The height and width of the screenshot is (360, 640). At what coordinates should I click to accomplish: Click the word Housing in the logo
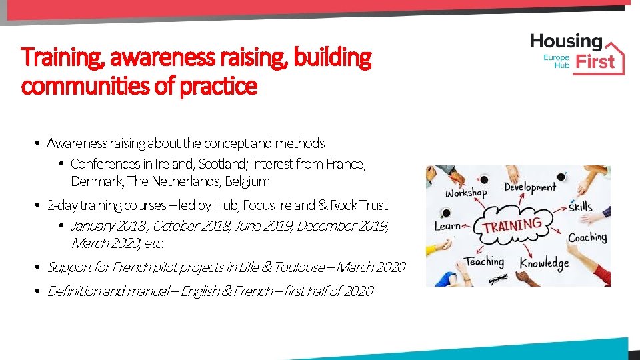tap(566, 42)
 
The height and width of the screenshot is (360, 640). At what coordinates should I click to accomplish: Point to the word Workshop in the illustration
tap(467, 192)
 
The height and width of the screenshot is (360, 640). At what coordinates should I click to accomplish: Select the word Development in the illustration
tap(529, 187)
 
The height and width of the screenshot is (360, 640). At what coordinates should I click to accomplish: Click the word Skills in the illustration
tap(580, 207)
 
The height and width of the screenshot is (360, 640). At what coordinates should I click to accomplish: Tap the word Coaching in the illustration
tap(587, 237)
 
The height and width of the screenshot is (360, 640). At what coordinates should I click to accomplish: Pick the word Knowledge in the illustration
tap(545, 263)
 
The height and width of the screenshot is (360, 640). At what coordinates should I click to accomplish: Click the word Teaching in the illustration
tap(484, 261)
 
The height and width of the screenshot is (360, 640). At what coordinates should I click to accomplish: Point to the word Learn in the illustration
tap(447, 225)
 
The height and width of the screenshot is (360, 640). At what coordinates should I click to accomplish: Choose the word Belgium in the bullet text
tap(247, 181)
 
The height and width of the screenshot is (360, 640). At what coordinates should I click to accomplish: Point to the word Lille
tap(261, 267)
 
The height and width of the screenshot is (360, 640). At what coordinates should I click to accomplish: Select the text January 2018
tap(109, 226)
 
